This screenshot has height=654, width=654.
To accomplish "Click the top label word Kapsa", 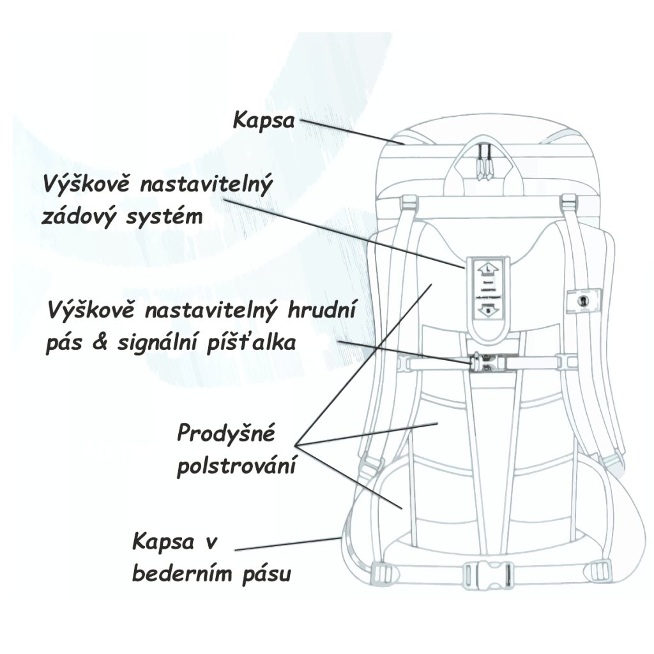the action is [x=264, y=119].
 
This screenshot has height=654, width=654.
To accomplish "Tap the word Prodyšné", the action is [x=226, y=434].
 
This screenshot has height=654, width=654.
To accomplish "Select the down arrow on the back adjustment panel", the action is [x=489, y=312].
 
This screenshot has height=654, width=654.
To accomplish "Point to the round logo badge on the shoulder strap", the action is [x=582, y=300].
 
